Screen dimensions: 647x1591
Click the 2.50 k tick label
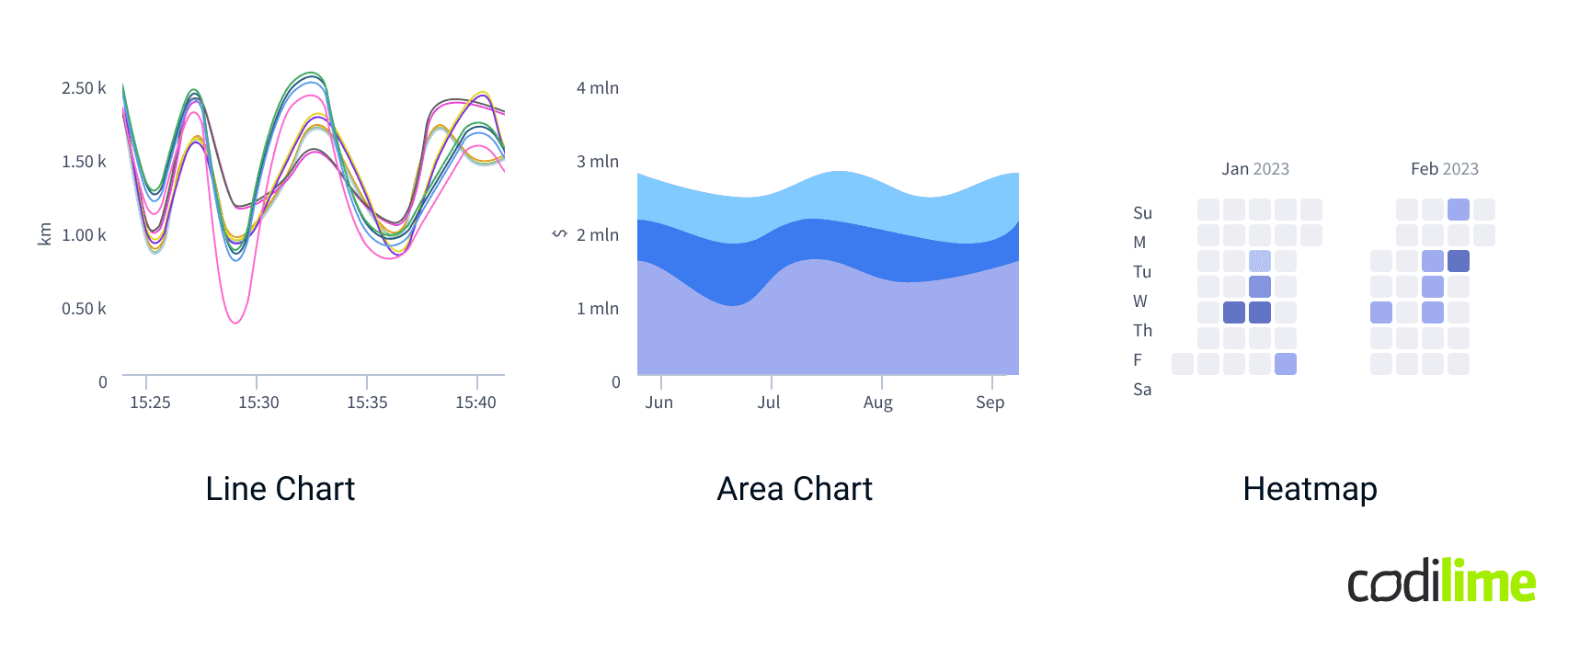click(x=84, y=88)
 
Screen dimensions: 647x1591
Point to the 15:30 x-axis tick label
click(x=258, y=403)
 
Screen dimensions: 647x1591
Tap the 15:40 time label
click(x=475, y=403)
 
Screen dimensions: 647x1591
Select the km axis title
click(x=44, y=234)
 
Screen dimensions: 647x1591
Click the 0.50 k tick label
click(x=84, y=309)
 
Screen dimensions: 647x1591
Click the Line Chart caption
click(x=280, y=489)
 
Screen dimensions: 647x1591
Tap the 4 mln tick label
click(x=598, y=88)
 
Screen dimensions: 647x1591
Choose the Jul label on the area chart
click(x=769, y=403)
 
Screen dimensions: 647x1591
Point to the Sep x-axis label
click(x=990, y=403)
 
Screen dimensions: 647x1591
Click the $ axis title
click(x=559, y=234)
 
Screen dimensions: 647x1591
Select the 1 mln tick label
click(x=598, y=309)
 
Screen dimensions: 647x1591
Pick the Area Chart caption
click(x=795, y=489)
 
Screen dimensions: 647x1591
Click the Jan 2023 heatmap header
click(x=1255, y=169)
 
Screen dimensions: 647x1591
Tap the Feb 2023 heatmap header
click(x=1445, y=169)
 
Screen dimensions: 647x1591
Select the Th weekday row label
click(x=1142, y=331)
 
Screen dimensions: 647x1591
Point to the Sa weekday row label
click(x=1142, y=390)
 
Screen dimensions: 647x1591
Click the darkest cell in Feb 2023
click(x=1459, y=261)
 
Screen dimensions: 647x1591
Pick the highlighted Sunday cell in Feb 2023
click(x=1459, y=210)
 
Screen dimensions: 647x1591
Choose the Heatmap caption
click(x=1310, y=489)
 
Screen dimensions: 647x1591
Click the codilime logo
click(x=1441, y=582)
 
